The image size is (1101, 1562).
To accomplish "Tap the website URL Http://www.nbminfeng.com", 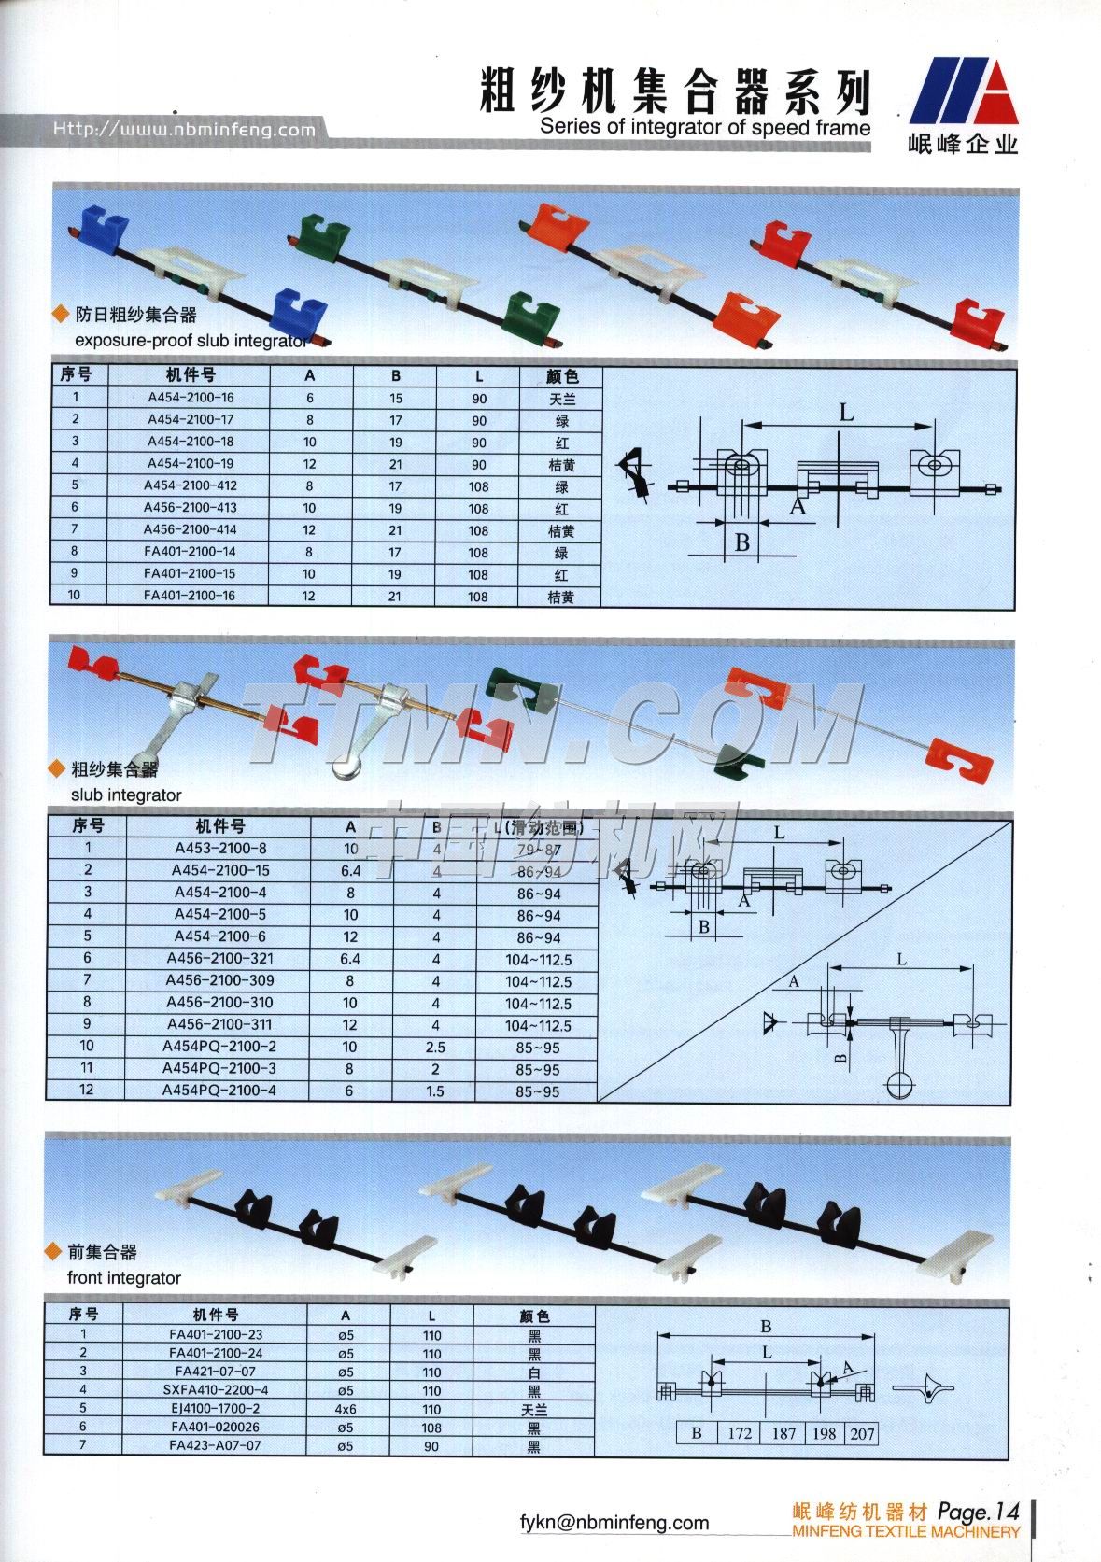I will pos(184,129).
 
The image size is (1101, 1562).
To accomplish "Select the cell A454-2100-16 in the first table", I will pos(191,397).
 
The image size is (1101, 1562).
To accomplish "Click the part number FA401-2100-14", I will pos(190,552).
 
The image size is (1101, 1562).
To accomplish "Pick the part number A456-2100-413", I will pos(190,508).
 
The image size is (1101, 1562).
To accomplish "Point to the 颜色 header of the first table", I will pos(561,375).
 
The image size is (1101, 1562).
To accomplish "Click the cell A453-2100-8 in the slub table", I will pos(220,849).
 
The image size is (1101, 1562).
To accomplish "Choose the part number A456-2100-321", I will pos(220,959).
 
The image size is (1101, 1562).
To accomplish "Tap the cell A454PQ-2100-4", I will pos(219,1091).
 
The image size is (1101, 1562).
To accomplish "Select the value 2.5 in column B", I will pos(435,1048).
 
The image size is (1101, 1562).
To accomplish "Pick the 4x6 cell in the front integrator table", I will pos(346,1409).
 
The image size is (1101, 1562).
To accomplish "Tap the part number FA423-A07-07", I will pos(216,1445).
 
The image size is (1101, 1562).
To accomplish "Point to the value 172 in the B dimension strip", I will pos(739,1433).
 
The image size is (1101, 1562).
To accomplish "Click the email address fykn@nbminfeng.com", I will pos(614,1523).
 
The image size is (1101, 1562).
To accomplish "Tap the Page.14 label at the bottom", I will pos(978,1512).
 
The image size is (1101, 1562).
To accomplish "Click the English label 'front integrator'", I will pos(124,1278).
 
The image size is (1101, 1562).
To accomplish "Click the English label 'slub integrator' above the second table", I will pos(126,795).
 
